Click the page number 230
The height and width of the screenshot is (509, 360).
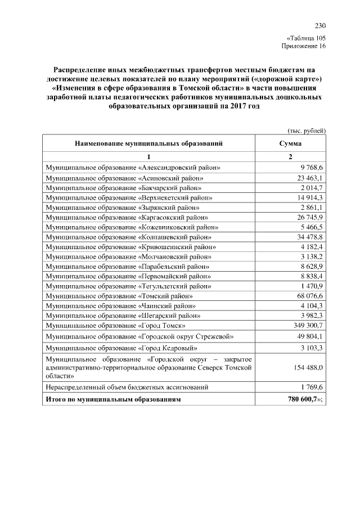(320, 25)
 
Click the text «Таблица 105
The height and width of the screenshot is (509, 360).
(306, 38)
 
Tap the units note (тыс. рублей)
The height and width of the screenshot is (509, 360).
(307, 130)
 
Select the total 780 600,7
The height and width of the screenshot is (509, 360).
(303, 399)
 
